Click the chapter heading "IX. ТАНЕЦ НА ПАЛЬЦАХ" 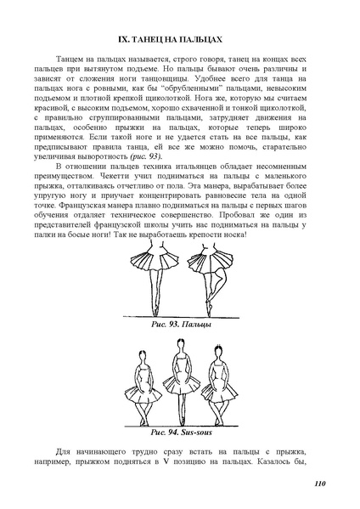[179, 39]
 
